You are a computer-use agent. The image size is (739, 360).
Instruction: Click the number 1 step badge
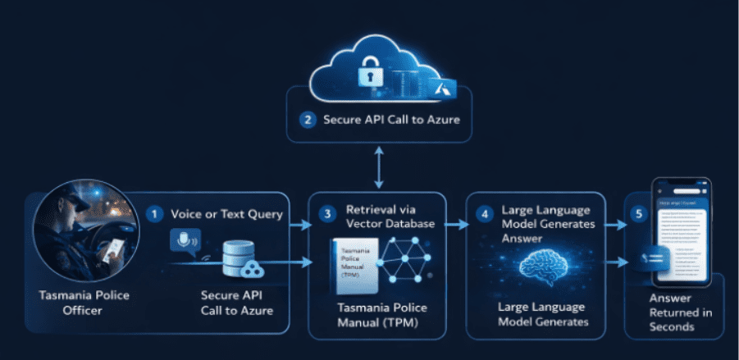click(154, 213)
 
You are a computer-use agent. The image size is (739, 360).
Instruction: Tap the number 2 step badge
click(308, 120)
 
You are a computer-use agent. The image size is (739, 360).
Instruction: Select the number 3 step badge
click(327, 214)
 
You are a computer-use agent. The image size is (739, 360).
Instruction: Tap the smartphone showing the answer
click(681, 239)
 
